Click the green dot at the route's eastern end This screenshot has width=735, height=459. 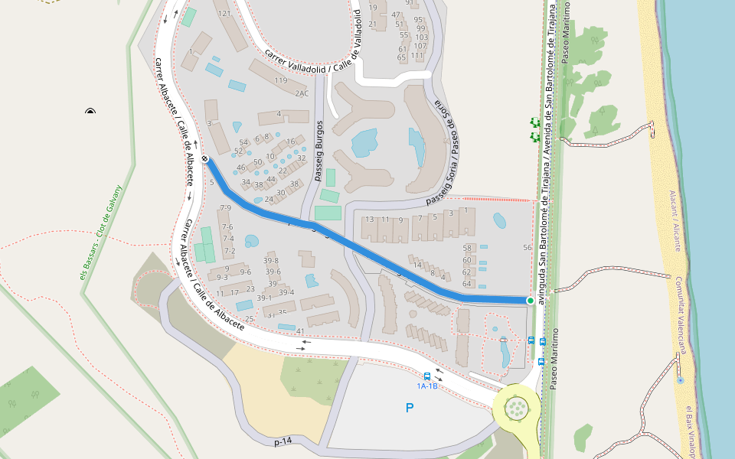[x=530, y=301]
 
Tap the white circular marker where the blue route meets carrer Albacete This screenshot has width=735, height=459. [x=205, y=159]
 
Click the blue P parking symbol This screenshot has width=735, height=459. [x=410, y=409]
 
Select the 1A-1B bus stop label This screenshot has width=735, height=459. [x=427, y=386]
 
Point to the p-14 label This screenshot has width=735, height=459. [x=283, y=441]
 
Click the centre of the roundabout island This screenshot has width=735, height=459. [x=518, y=408]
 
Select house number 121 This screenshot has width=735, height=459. [x=224, y=14]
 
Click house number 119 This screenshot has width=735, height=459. [x=281, y=80]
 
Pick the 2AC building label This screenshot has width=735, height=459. [x=302, y=93]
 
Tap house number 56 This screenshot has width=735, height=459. [x=527, y=247]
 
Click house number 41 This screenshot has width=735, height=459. [x=300, y=331]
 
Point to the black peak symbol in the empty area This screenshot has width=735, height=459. [x=90, y=112]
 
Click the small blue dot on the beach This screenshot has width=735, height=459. [x=680, y=379]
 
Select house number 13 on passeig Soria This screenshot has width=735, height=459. [x=370, y=220]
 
